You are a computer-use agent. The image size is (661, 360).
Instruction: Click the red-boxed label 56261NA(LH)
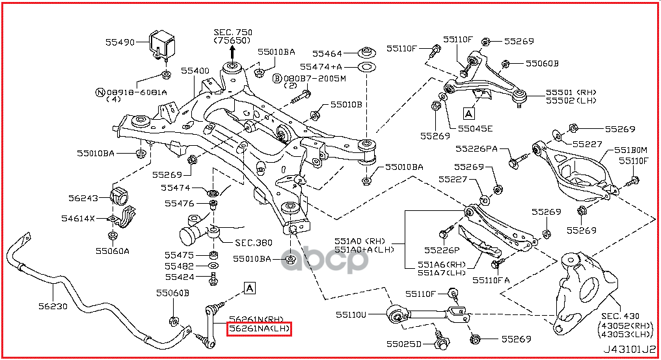pyautogui.click(x=258, y=329)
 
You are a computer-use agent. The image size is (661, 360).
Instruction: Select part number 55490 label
pyautogui.click(x=120, y=42)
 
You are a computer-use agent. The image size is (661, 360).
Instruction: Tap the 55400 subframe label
pyautogui.click(x=195, y=70)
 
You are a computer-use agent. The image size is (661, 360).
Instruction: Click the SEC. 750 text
pyautogui.click(x=233, y=32)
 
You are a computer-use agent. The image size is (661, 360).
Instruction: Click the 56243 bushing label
pyautogui.click(x=83, y=198)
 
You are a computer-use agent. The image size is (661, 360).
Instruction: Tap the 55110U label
pyautogui.click(x=351, y=315)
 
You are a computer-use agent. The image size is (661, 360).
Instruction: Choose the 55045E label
pyautogui.click(x=475, y=128)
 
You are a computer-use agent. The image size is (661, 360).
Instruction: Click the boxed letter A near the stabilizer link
pyautogui.click(x=250, y=287)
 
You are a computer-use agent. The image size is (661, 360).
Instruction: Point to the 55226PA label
pyautogui.click(x=476, y=149)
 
